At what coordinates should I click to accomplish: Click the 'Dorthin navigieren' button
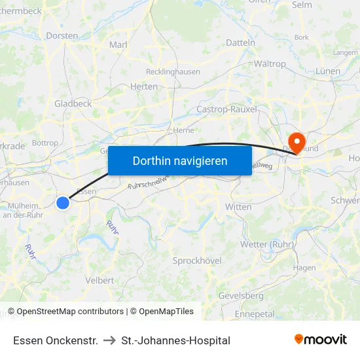180,160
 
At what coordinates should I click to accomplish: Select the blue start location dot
63,203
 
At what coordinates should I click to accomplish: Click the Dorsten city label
62,36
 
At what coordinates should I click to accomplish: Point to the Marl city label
118,45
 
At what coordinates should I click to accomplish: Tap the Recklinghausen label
173,71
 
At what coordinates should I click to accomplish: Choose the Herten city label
144,86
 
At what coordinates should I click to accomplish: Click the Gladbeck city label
73,103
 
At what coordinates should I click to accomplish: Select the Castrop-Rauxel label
226,109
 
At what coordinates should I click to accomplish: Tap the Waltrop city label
270,64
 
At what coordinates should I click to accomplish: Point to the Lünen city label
327,71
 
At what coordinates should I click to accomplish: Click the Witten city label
238,207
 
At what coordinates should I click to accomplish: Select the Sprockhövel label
197,261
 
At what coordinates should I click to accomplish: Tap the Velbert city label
99,280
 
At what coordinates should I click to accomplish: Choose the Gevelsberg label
240,296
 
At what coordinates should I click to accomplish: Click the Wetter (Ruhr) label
264,245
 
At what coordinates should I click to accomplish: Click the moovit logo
321,340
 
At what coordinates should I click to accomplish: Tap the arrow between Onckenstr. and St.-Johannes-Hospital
109,340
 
